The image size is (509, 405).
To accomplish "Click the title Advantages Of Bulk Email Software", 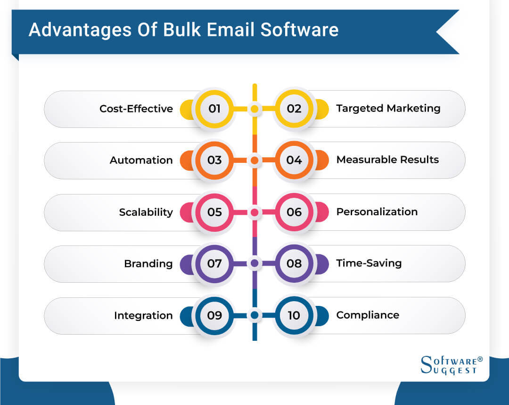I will coord(183,30).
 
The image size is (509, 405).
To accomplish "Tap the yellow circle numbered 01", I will coord(214,109).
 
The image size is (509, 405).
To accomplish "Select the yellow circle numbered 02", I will coord(294,109).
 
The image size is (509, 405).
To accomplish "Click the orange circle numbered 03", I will coord(214,160).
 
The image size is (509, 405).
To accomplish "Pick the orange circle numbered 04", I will coord(294,160).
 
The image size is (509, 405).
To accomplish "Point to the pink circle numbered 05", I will coord(214,212).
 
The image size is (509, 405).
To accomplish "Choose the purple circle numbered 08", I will coord(294,263).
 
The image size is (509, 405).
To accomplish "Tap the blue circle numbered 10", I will coord(294,315).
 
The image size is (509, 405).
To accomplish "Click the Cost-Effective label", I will coord(136,109).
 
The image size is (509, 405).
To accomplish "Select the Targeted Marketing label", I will coord(388,109).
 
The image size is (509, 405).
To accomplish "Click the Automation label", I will coord(141,160).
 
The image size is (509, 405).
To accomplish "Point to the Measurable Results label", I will coord(387,160).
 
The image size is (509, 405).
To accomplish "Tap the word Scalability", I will coord(146,212).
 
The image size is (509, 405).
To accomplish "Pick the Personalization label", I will coord(377,212).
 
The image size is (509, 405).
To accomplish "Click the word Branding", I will coord(148,263).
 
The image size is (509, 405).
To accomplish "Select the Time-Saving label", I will coord(369,263).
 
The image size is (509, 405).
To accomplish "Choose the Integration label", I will coord(143,315).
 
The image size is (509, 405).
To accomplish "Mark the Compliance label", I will coord(367,315).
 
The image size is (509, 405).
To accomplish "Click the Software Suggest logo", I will coord(451,364).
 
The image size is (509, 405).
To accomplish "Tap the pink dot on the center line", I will coord(254,212).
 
